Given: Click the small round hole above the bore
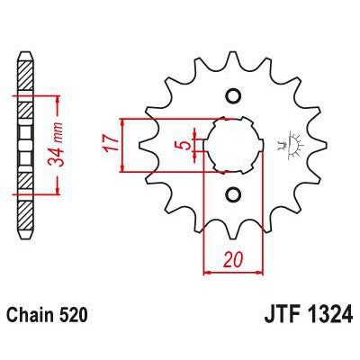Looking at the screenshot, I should tap(231, 96).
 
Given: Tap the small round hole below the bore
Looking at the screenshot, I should tap(231, 194).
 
